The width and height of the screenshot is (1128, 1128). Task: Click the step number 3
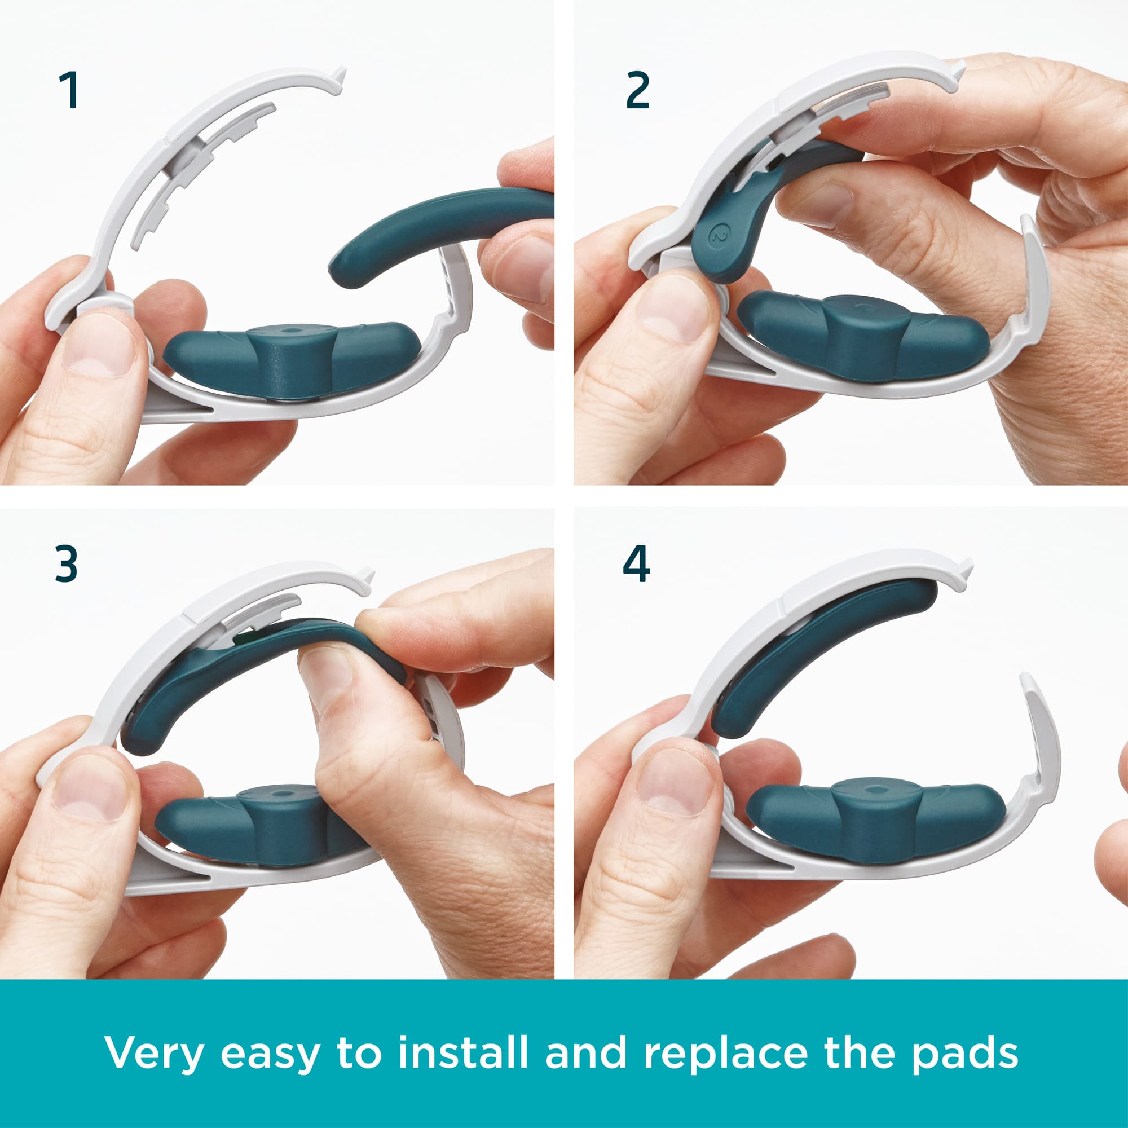(x=67, y=564)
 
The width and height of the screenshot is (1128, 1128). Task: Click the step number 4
(x=636, y=564)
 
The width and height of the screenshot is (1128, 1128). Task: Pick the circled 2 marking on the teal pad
(x=717, y=235)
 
